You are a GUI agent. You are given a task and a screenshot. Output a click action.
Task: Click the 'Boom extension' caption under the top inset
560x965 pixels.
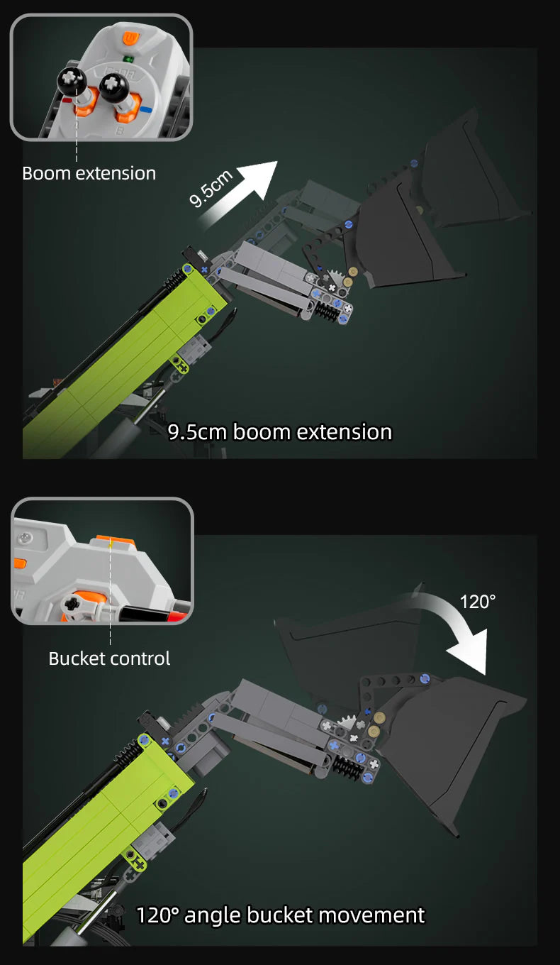(x=89, y=174)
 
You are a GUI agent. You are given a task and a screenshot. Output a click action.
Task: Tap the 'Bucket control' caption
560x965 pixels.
(x=109, y=658)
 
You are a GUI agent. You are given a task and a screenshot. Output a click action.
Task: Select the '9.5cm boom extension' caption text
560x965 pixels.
(x=280, y=432)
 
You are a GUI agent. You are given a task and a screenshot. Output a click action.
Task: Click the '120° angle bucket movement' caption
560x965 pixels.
(x=281, y=915)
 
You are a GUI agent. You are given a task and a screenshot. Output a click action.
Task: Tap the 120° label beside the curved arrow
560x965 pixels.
(x=477, y=602)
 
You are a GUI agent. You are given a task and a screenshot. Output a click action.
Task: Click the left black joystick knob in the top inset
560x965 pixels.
(x=72, y=81)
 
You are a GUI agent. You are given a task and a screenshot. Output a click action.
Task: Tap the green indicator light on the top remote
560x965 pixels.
(x=128, y=59)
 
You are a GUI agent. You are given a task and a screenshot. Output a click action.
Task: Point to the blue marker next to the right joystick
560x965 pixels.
(x=146, y=109)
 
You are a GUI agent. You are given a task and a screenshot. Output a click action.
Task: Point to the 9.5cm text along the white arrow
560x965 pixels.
(x=211, y=188)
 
